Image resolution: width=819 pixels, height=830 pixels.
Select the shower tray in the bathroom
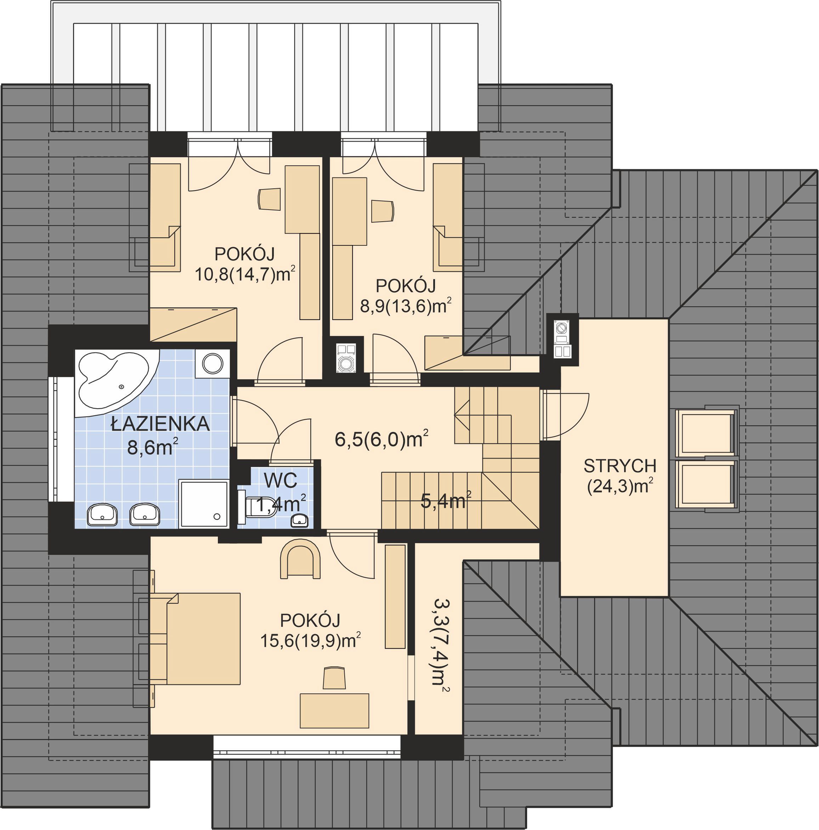coord(204,504)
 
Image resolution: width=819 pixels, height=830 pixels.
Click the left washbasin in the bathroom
coord(102,515)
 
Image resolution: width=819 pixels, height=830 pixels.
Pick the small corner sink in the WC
coord(299,520)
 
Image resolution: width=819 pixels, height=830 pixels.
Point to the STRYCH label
coord(620,466)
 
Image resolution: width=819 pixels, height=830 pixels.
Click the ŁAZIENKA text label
coord(160,424)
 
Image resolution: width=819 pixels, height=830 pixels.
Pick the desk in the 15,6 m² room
coord(334,711)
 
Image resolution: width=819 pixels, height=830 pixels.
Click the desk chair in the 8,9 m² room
coord(383,211)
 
